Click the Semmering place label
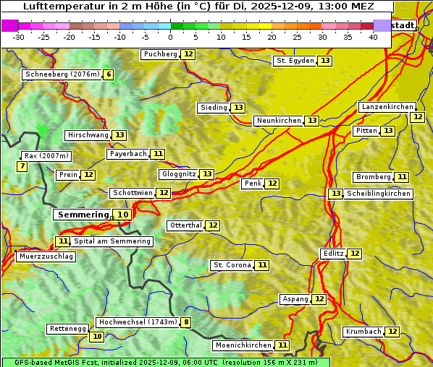tap(83, 215)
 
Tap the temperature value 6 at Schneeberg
tap(109, 74)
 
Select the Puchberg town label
tap(160, 54)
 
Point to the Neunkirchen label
tap(279, 121)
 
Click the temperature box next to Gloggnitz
tap(207, 174)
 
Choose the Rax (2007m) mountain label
tap(46, 155)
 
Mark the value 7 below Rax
tap(22, 167)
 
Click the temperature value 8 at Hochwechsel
tap(186, 322)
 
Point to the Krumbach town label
tap(363, 332)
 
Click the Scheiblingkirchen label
tap(378, 194)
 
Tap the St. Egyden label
tap(295, 61)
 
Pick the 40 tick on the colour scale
tap(373, 37)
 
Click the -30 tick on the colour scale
tap(19, 37)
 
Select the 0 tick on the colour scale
tap(171, 37)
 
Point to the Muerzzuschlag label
tap(46, 256)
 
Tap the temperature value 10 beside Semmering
tap(123, 215)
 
